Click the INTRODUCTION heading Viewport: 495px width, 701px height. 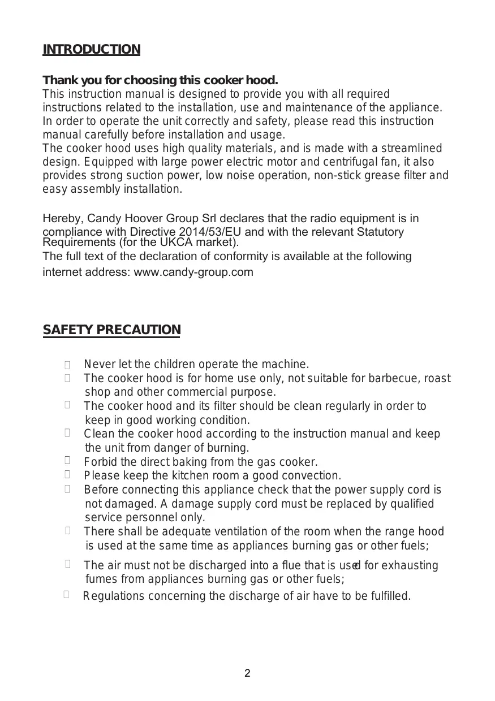point(91,50)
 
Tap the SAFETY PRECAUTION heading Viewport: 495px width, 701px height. point(111,330)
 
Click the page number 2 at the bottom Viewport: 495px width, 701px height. point(247,673)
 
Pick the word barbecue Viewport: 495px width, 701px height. point(395,378)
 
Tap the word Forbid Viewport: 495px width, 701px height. point(100,462)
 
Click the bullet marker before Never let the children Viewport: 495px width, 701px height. point(67,365)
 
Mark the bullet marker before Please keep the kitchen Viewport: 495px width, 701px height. point(67,475)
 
